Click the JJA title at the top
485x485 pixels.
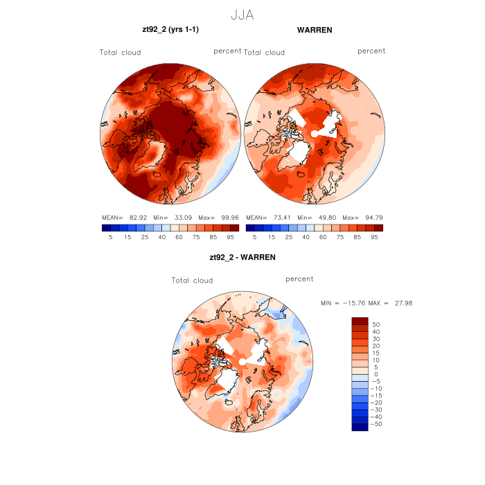[242, 15]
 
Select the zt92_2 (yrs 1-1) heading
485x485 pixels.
[170, 30]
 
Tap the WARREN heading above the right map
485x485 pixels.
[314, 30]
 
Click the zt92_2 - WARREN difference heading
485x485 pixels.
[242, 257]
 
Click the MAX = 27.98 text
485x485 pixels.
[391, 303]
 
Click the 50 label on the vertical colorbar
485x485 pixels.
[376, 324]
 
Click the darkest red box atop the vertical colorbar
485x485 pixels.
[360, 321]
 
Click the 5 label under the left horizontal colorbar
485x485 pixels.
[110, 237]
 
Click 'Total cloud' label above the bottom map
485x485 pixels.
[193, 281]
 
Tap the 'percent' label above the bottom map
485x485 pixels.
[299, 279]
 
